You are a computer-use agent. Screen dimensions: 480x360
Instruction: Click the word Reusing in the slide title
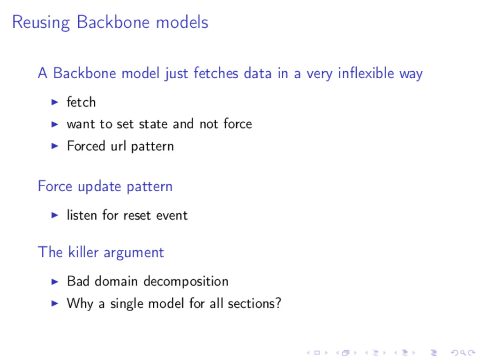41,22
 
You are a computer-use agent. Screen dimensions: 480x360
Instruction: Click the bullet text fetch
81,102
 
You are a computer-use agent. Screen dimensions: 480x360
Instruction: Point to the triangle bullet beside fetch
54,102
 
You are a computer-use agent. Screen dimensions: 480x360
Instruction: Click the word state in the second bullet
154,124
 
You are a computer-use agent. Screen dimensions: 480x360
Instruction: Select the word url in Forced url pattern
119,146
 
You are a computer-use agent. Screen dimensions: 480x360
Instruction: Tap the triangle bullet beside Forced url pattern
54,146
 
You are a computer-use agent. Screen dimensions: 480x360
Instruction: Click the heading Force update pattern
105,187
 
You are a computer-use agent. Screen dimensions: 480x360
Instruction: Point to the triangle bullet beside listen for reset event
54,215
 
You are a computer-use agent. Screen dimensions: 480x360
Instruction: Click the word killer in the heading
83,252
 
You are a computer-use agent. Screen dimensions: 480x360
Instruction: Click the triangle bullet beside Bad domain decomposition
54,281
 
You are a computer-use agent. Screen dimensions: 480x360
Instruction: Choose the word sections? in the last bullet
255,303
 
